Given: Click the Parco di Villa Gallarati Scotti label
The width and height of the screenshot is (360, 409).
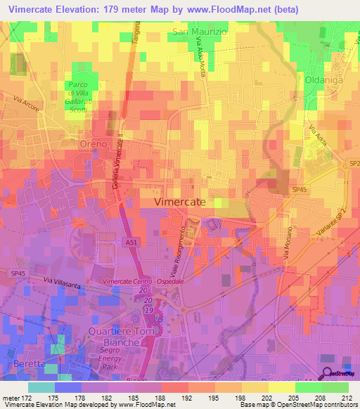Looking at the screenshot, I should click(85, 96).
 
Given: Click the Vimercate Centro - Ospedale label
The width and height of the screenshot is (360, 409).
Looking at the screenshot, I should click(143, 281).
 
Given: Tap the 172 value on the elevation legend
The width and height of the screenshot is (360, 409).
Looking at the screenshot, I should click(27, 397).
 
